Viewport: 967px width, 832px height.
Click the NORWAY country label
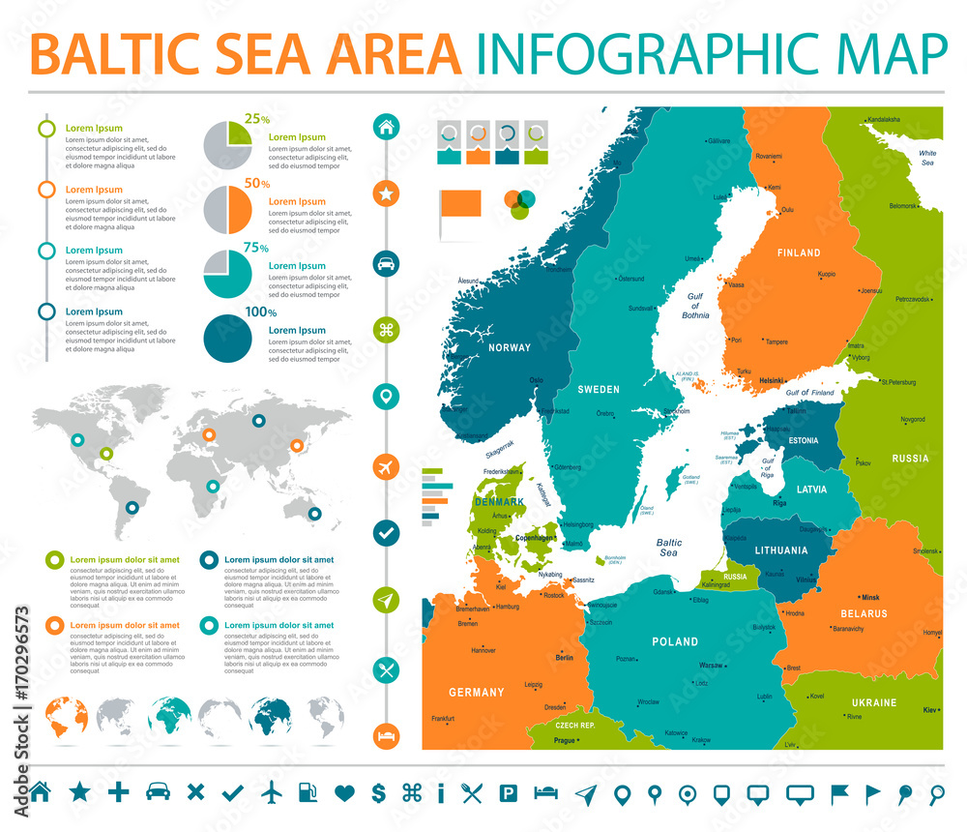coord(510,347)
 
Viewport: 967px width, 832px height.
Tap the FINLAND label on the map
coord(798,253)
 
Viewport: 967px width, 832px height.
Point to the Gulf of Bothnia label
coord(695,306)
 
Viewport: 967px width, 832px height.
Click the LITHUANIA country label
coord(781,550)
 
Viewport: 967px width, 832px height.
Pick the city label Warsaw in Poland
coord(712,666)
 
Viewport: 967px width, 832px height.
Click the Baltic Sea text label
coord(668,548)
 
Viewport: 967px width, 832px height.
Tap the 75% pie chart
coord(228,274)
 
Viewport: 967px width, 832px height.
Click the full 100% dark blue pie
coord(228,338)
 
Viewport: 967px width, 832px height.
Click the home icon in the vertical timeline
coord(386,126)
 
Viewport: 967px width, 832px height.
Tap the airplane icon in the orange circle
coord(386,467)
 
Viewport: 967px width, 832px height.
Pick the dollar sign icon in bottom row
coord(378,793)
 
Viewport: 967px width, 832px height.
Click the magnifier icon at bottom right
coord(936,794)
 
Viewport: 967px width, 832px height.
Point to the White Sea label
coord(927,158)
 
